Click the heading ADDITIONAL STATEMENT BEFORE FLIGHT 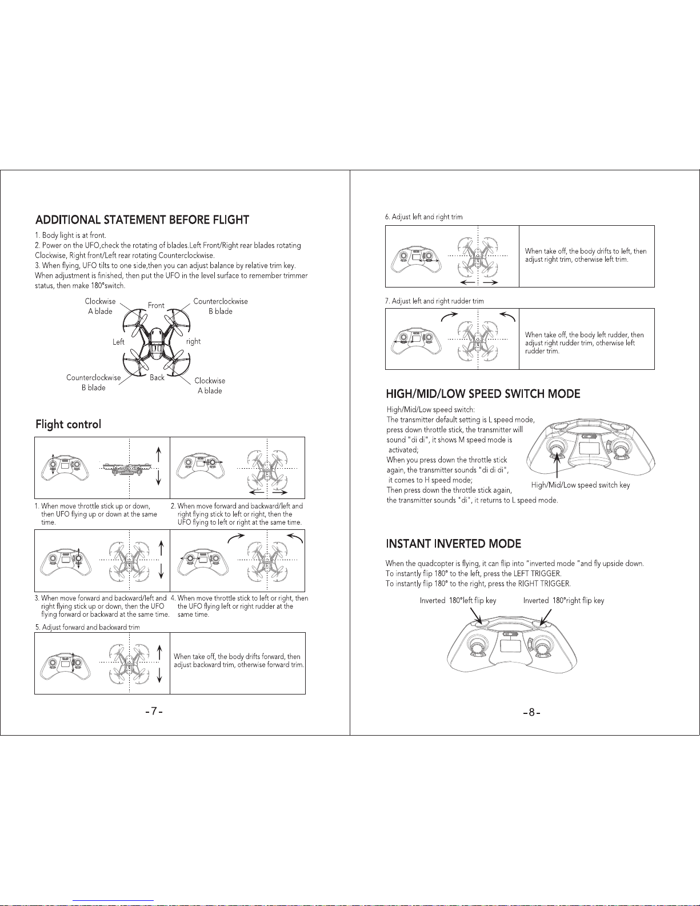pos(142,220)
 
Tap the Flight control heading pos(68,424)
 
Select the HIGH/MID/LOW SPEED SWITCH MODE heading pos(483,394)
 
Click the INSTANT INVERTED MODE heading pos(453,543)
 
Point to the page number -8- pos(531,712)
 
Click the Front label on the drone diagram pos(156,305)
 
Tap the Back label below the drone pos(157,378)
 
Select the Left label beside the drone pos(118,342)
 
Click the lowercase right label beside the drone pos(194,341)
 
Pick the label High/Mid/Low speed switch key pos(580,485)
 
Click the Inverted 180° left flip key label pos(458,601)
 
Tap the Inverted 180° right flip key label pos(563,601)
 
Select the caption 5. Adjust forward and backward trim pos(87,627)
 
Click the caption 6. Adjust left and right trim pos(423,217)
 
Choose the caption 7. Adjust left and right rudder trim pos(434,301)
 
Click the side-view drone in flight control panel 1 pos(122,468)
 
